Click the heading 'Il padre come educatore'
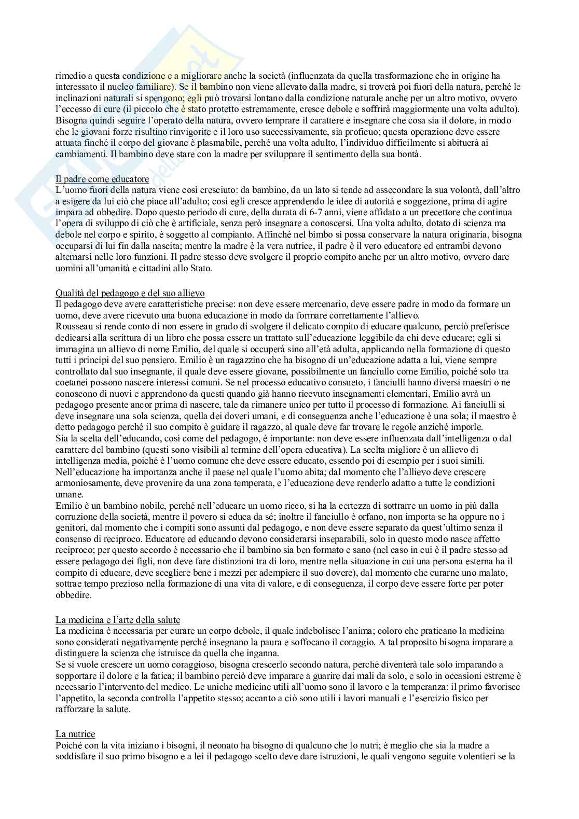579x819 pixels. (102, 179)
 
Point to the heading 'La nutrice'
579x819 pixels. (75, 734)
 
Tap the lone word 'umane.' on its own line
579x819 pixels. (68, 494)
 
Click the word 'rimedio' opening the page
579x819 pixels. (69, 75)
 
